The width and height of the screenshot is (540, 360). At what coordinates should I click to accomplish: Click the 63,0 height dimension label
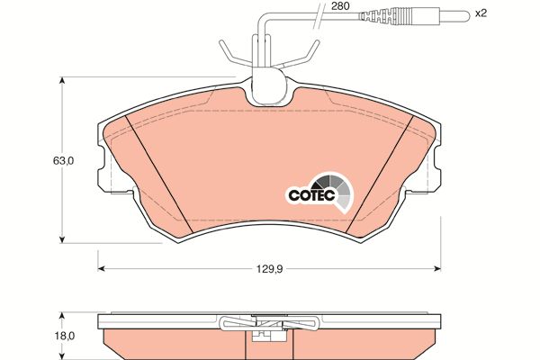click(x=63, y=160)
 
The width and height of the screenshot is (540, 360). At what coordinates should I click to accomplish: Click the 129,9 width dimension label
click(x=269, y=269)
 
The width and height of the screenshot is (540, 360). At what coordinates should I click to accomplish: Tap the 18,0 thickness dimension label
click(x=64, y=336)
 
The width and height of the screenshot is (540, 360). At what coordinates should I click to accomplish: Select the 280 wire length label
click(x=340, y=6)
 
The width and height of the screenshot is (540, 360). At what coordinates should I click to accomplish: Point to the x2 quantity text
click(x=481, y=13)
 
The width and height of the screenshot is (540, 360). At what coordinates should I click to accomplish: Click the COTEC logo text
click(x=311, y=195)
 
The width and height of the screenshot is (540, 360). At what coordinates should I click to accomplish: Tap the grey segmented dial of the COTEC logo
click(x=336, y=191)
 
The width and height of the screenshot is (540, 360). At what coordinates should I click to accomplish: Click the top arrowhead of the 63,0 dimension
click(x=62, y=80)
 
